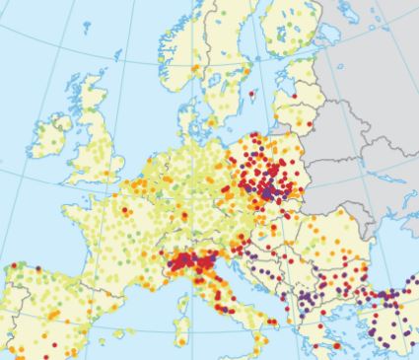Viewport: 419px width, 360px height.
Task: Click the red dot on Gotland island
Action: point(250,96)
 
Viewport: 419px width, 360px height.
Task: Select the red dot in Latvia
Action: point(296,99)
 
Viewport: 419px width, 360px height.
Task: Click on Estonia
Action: point(301,74)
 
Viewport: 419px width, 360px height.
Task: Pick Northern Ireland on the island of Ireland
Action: point(58,122)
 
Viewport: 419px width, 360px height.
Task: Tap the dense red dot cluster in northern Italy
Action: point(187,264)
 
